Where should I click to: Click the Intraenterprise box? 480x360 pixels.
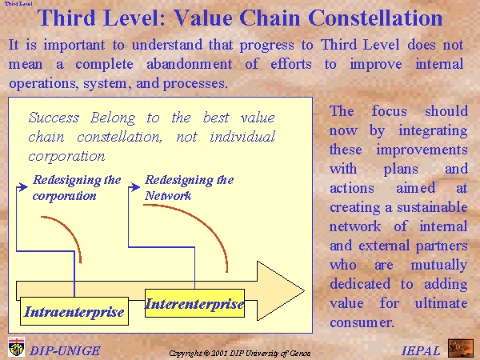(x=74, y=311)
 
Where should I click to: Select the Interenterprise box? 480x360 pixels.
(x=194, y=303)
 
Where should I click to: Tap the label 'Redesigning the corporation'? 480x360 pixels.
(x=77, y=188)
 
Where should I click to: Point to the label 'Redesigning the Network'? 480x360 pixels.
(x=189, y=188)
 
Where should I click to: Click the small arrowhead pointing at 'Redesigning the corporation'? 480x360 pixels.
(x=22, y=187)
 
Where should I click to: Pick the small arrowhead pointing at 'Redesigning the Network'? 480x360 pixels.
(x=135, y=187)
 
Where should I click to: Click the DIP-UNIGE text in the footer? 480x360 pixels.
(x=65, y=351)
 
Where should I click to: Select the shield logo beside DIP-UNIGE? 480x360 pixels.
(x=17, y=347)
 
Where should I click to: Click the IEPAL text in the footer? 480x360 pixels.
(x=421, y=351)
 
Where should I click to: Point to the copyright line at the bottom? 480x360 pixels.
(x=240, y=354)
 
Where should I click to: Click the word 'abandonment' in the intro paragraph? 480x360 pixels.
(x=189, y=64)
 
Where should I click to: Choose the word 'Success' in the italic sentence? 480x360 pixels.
(x=54, y=118)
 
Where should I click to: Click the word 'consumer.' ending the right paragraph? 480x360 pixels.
(x=362, y=322)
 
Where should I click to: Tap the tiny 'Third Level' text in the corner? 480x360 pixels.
(x=18, y=4)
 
